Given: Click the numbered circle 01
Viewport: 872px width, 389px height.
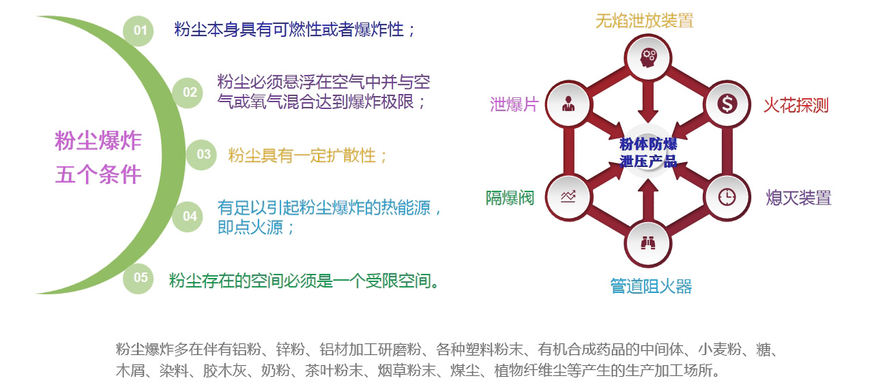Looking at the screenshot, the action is coord(139,31).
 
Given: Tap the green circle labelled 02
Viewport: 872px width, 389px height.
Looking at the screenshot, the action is coord(188,93).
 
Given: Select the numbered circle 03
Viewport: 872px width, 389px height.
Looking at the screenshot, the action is coord(201,155).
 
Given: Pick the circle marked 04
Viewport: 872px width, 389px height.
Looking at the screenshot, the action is coord(188,217).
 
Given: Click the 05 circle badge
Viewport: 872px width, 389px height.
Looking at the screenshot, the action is coord(139,278).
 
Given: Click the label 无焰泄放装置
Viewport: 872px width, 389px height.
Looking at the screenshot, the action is coord(644,20).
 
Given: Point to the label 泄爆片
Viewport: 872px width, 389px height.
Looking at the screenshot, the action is coord(514,104).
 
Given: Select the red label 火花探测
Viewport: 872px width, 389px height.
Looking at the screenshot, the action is coord(796,106).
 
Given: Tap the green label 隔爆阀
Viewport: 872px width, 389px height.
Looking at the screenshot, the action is coord(510,198).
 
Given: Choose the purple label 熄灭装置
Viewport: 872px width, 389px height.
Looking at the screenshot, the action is coord(798,198).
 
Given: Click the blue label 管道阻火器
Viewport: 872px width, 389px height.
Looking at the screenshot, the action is coord(651,286).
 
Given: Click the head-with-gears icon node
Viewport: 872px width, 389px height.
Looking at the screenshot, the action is coord(648,58).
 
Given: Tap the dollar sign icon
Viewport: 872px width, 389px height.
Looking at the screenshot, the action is coord(727,104).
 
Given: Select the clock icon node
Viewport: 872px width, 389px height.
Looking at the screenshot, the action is coord(727,197).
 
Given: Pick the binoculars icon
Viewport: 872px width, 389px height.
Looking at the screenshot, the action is coord(648,244).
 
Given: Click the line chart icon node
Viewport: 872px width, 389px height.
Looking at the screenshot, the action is coord(568,197).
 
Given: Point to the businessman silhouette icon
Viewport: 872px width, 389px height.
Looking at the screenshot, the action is coord(568,104).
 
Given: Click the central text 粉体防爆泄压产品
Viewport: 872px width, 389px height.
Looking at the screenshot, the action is coord(648,153).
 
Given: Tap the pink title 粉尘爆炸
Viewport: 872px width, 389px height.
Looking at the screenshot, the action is coord(98,140).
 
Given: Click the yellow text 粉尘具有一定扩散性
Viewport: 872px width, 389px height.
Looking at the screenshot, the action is coord(302,155).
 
